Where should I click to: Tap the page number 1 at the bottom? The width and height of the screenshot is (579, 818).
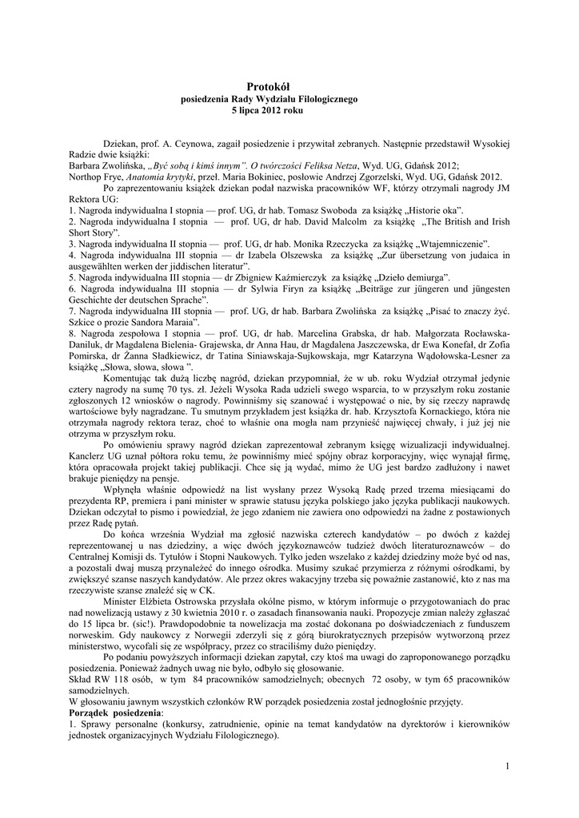507,768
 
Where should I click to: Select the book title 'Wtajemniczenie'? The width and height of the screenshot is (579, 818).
453,243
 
